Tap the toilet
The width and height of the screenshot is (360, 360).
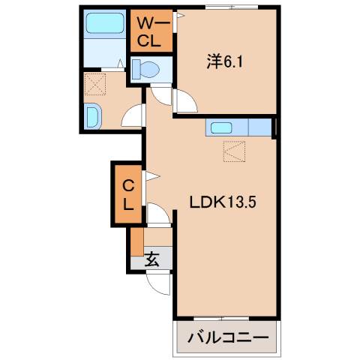[x=146, y=70]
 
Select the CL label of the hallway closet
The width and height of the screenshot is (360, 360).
[x=128, y=193]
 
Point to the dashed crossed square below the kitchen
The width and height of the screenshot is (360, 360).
[x=233, y=152]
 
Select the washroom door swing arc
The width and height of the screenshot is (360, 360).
[x=133, y=115]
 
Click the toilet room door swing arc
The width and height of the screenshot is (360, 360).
[x=161, y=94]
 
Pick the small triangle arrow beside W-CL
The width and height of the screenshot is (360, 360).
[x=179, y=15]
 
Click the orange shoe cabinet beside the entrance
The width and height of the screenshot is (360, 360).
[x=136, y=239]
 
